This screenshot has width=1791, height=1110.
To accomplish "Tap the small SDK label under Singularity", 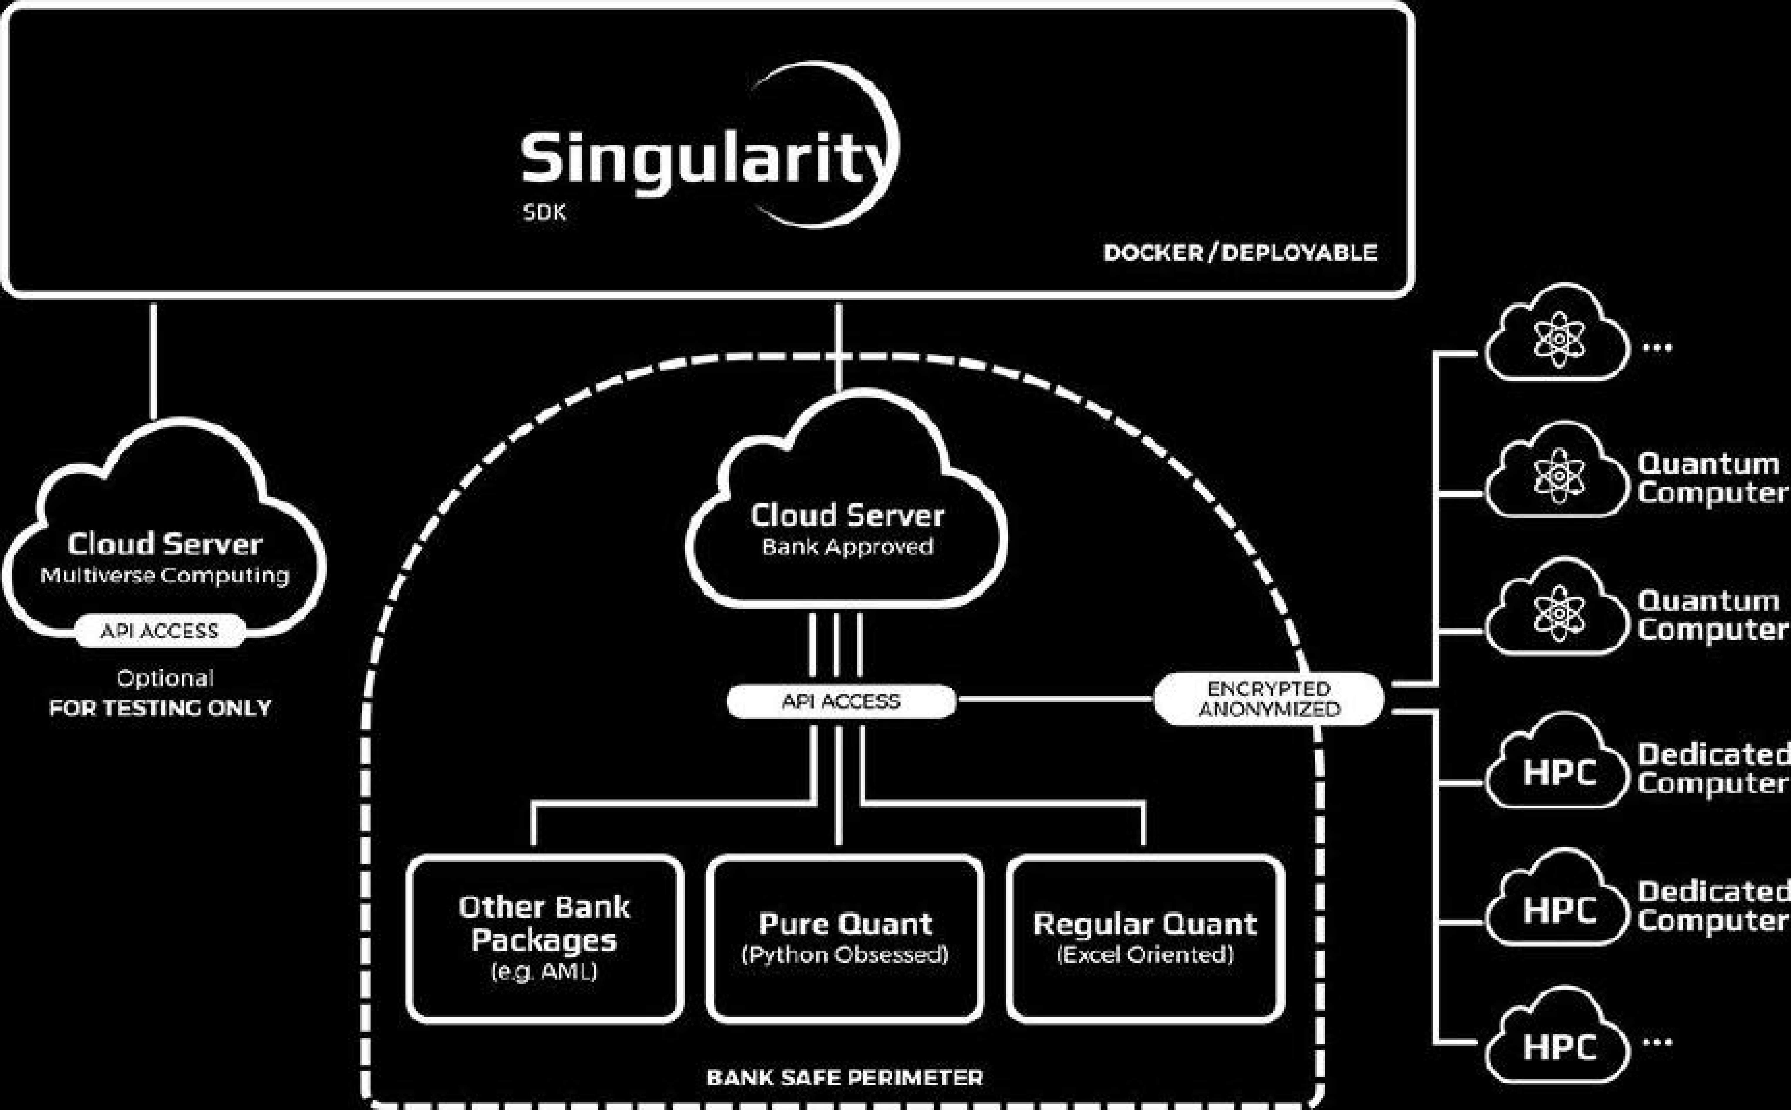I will pos(544,213).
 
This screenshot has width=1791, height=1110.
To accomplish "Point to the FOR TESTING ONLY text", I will pos(160,708).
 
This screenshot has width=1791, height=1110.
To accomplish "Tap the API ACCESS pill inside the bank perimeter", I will pos(841,701).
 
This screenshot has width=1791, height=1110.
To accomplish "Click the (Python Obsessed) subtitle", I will pos(844,955).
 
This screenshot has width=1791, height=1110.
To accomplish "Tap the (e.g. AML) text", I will pos(544,972).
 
